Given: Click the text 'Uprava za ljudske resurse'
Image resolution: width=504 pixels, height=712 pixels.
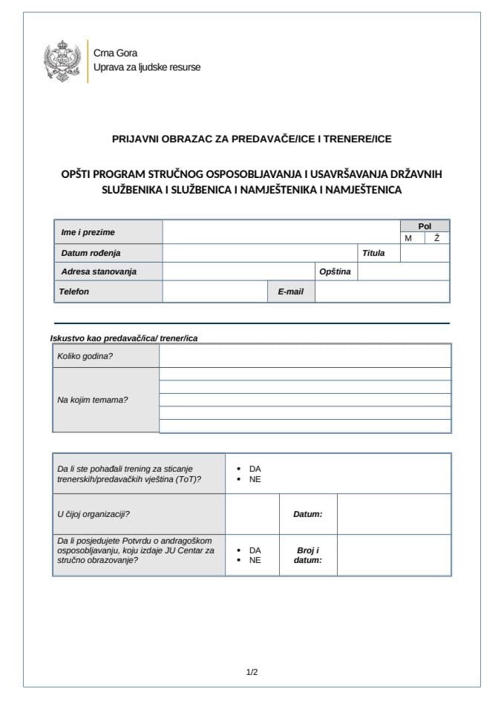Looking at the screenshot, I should [x=146, y=67].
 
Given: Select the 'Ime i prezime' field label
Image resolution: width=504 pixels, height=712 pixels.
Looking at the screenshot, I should [x=88, y=232].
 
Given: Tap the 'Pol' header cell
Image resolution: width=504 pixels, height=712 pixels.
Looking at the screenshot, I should [x=424, y=226].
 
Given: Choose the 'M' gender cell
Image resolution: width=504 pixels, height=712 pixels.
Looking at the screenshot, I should [x=408, y=238].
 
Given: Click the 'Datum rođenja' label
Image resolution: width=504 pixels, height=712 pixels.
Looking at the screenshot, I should [x=91, y=253].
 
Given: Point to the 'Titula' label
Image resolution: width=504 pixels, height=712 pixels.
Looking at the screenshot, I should [x=373, y=253].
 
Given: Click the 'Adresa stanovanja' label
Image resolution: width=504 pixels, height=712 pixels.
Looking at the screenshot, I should [x=99, y=271].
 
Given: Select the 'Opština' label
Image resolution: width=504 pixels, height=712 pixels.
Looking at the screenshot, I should [x=335, y=271].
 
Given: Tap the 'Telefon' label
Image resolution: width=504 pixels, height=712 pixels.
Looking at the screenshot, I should [x=74, y=291].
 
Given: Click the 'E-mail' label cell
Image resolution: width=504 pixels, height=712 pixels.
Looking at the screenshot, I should [x=291, y=291].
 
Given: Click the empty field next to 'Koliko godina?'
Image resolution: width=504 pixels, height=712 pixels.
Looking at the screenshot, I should [x=304, y=356].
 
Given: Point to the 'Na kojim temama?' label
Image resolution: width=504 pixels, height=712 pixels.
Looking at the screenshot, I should [x=93, y=400].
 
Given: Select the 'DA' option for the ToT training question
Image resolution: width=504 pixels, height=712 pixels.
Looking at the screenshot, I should [x=255, y=469].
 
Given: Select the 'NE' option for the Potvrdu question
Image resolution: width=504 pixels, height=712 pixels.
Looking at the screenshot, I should [x=255, y=560].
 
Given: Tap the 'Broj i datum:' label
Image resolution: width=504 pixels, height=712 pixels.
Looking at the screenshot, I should [x=307, y=556].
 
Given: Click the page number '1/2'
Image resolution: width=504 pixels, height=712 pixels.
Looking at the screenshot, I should [x=252, y=673].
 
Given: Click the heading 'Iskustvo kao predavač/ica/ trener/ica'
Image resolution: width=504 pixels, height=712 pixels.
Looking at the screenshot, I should [x=124, y=338].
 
